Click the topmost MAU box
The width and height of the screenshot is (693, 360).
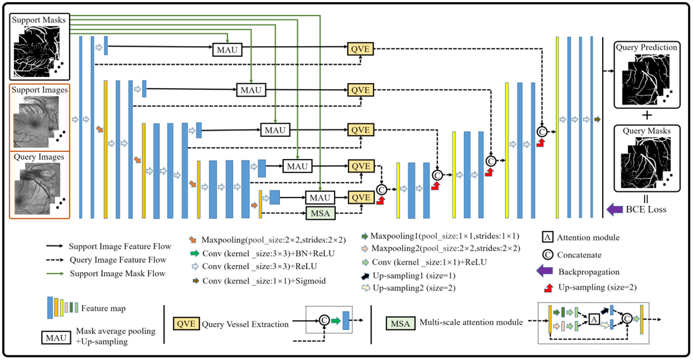click(x=227, y=50)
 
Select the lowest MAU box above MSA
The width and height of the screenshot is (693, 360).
click(x=320, y=198)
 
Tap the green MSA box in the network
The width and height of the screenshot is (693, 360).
click(x=320, y=213)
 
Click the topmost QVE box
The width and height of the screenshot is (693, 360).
click(x=360, y=49)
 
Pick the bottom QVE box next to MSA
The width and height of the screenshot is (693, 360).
click(x=361, y=198)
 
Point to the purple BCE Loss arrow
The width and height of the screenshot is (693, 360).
click(x=614, y=209)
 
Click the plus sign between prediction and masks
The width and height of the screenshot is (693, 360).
click(x=647, y=115)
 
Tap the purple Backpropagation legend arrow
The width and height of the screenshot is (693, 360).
click(x=544, y=271)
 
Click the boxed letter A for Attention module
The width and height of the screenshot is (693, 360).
click(x=547, y=237)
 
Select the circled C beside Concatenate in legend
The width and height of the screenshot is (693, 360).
click(x=548, y=255)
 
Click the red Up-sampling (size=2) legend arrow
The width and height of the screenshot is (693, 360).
click(x=548, y=288)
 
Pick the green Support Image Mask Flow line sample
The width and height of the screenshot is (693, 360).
click(x=55, y=274)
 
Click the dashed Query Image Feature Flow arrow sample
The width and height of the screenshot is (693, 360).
click(x=55, y=260)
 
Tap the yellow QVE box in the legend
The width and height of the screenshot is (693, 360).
click(x=186, y=324)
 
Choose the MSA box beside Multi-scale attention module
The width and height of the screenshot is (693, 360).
click(x=400, y=324)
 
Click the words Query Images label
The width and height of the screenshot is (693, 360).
click(x=39, y=157)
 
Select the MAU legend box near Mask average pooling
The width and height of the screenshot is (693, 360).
click(x=56, y=338)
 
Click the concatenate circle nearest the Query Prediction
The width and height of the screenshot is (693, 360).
click(x=542, y=132)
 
